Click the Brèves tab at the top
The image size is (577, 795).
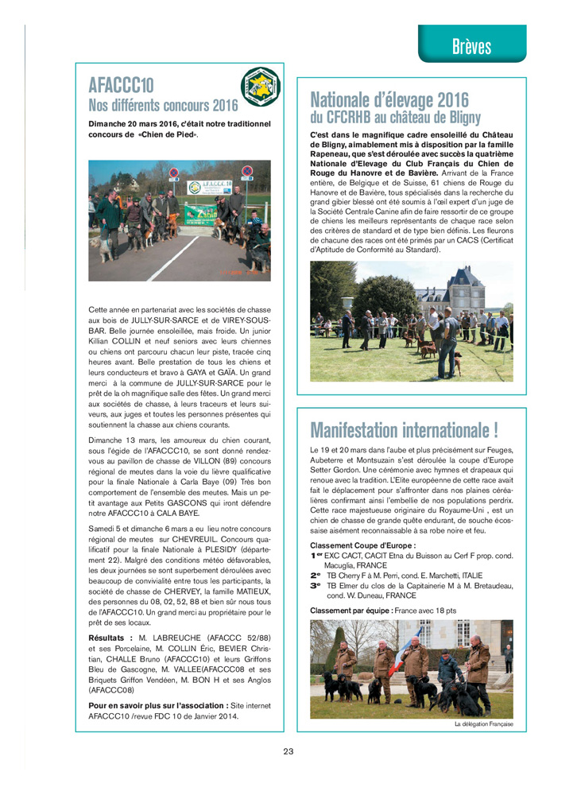tap(471, 46)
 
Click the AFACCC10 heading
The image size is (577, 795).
tap(121, 86)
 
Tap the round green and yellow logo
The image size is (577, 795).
tap(261, 87)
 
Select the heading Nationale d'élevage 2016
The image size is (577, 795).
tap(389, 100)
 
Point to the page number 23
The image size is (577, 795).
tap(288, 751)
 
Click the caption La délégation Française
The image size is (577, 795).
tap(484, 724)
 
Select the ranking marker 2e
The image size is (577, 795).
tap(316, 574)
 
